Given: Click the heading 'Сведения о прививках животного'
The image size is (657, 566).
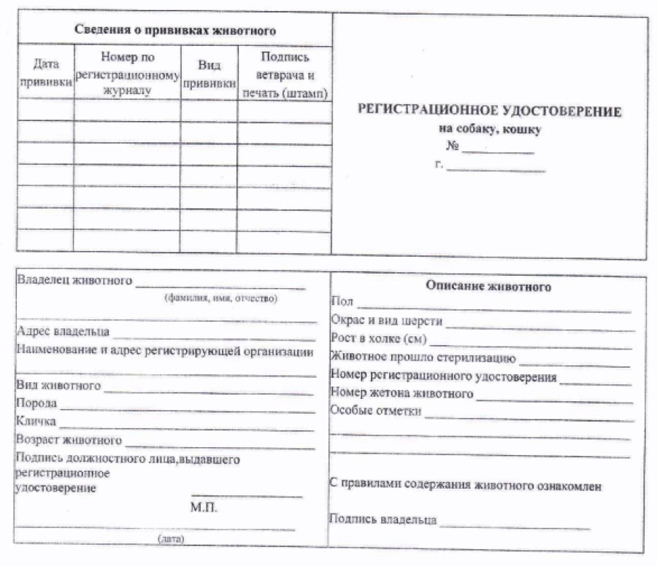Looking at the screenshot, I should click(x=175, y=31).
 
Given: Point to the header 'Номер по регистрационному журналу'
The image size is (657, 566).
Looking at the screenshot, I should click(x=127, y=74).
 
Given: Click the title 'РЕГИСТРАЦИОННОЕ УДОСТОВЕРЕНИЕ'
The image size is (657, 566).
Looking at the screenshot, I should click(x=488, y=112).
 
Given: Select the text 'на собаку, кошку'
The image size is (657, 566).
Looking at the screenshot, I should click(x=489, y=130).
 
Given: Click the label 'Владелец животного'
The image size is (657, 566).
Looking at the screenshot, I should click(x=74, y=280).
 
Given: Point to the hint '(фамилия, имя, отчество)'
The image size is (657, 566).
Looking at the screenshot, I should click(x=221, y=298).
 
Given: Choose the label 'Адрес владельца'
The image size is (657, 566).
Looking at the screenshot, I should click(x=63, y=332).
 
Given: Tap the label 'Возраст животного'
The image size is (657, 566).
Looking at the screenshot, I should click(x=69, y=440).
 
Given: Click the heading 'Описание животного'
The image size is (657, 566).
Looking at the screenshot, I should click(x=488, y=287).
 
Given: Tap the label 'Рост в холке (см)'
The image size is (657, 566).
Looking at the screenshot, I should click(x=378, y=339).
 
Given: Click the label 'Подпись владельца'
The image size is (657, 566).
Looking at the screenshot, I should click(x=383, y=520).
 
